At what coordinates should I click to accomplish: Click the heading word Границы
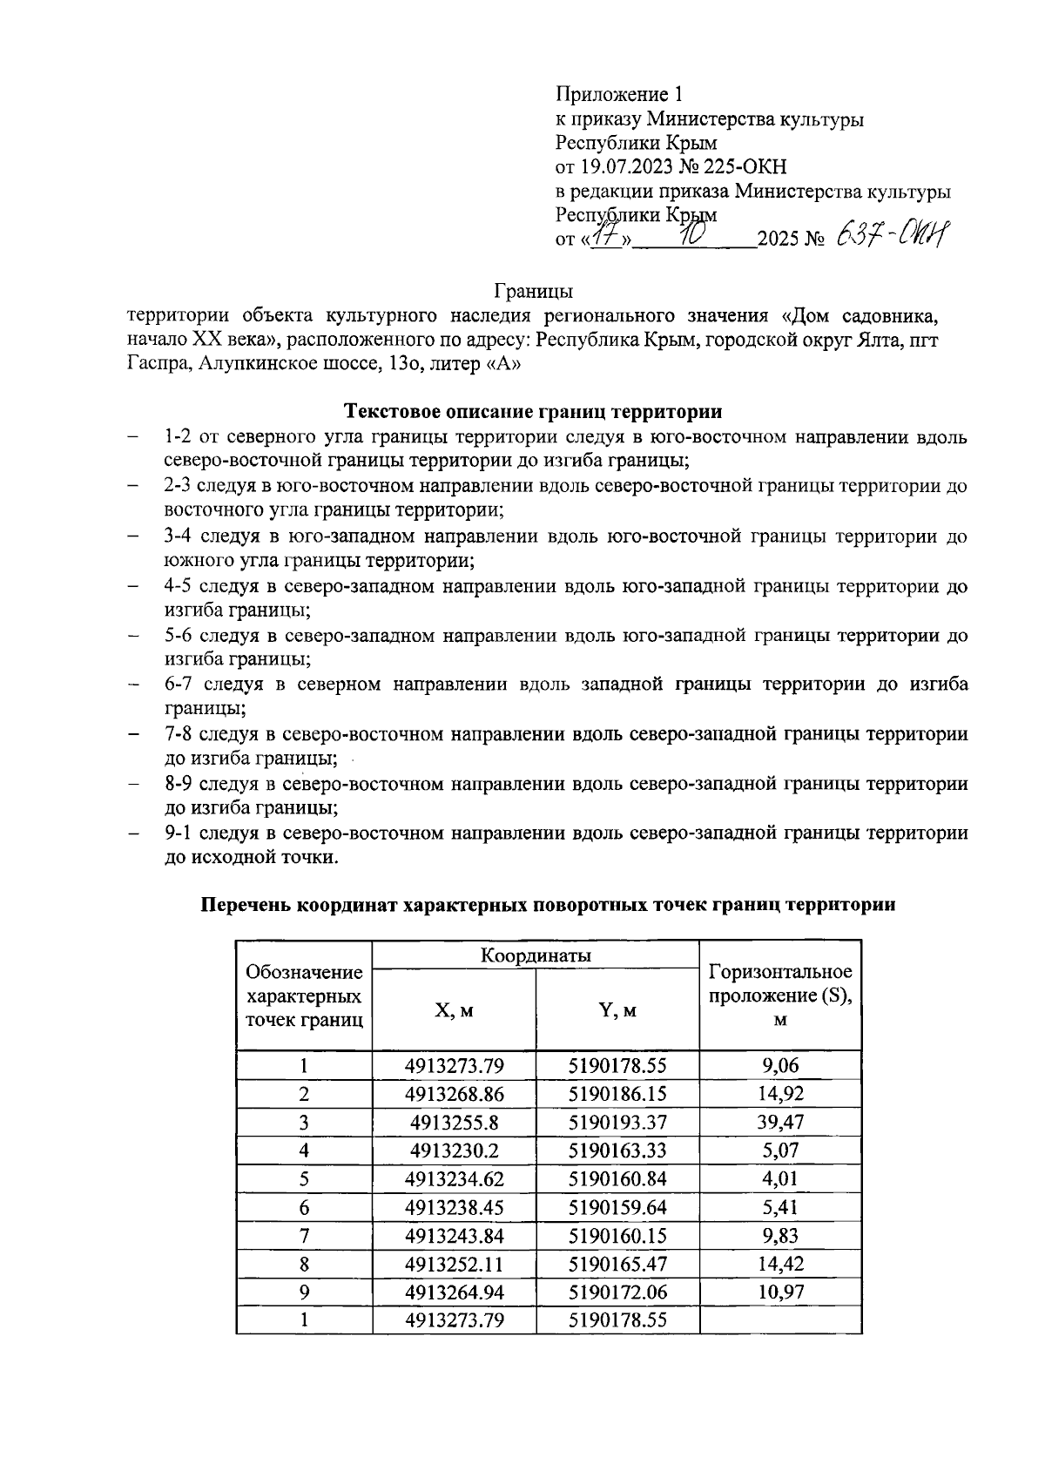(533, 289)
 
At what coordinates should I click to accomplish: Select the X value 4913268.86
(454, 1093)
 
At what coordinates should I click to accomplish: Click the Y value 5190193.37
(617, 1122)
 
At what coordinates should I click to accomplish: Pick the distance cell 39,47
(780, 1122)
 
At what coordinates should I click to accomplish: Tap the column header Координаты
(536, 955)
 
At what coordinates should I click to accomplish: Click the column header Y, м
(617, 1010)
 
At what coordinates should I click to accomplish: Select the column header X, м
(454, 1010)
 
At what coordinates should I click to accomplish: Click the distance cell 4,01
(780, 1178)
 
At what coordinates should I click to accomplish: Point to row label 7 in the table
(304, 1235)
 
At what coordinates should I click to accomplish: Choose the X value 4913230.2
(454, 1150)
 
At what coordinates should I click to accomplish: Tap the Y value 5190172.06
(617, 1292)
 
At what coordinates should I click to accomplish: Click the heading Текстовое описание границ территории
(534, 410)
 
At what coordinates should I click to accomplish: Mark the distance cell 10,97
(780, 1292)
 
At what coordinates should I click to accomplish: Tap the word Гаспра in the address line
(158, 364)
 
